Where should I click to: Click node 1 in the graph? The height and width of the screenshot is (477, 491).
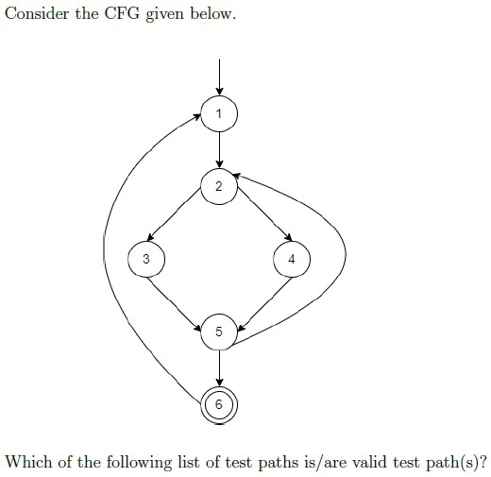coord(219,113)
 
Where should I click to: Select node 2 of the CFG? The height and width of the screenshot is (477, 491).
coord(219,186)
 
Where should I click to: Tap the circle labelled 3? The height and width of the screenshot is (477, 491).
coord(146,259)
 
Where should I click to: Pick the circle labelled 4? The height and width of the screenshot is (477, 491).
coord(292,259)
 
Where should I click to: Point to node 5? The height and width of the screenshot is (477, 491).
coord(219,332)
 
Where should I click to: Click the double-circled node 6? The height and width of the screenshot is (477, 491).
coord(219,404)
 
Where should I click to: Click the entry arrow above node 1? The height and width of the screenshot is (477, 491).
coord(219,77)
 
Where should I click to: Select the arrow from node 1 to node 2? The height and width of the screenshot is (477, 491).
coord(219,150)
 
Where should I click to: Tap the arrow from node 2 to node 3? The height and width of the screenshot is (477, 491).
coord(174,214)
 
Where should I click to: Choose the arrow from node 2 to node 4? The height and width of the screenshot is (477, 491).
coord(264,214)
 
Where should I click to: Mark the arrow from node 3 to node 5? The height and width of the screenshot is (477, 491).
coord(175,304)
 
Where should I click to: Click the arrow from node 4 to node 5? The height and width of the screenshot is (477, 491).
coord(264,304)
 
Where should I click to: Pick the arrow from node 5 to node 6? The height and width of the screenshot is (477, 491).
coord(219,368)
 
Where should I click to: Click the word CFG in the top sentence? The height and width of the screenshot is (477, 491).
coord(122,13)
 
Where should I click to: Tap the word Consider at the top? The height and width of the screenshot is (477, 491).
coord(37,13)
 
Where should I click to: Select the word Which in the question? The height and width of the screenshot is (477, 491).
coord(29,462)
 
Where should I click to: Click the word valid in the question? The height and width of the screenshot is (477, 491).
coord(369,462)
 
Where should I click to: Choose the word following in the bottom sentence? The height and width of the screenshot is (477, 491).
coord(139,463)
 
